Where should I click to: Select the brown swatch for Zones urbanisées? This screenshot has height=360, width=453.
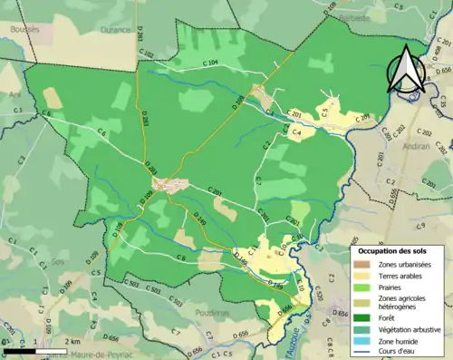[x=362, y=265]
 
